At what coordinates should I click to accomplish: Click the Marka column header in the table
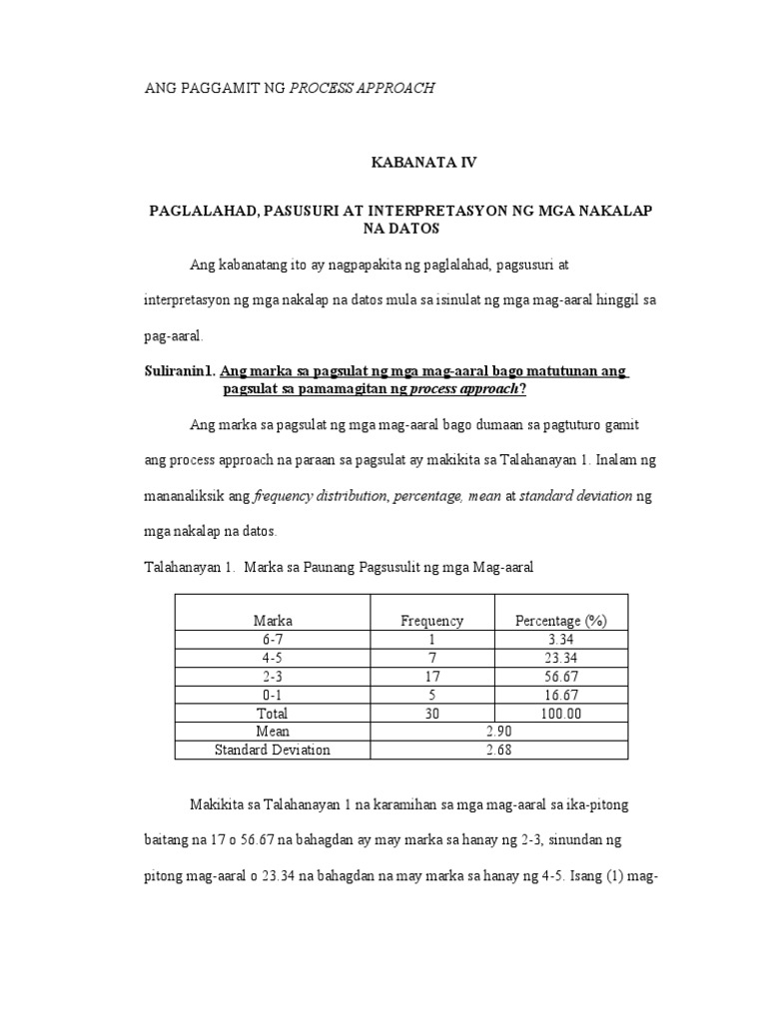click(273, 621)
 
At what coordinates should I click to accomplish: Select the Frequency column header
click(431, 621)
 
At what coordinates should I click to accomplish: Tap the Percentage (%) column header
click(560, 621)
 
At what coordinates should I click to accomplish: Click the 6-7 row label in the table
click(273, 639)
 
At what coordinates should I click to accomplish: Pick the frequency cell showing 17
click(431, 677)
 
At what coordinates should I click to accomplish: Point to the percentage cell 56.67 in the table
click(560, 677)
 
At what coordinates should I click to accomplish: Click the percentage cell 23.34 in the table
click(560, 658)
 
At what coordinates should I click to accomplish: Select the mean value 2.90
click(495, 732)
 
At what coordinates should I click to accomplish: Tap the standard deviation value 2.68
click(495, 751)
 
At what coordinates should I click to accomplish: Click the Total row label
click(273, 714)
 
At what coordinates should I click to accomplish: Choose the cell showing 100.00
click(560, 714)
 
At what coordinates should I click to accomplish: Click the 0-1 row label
click(273, 695)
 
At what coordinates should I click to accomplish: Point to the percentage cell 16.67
click(560, 695)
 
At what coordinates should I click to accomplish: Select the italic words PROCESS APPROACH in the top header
click(362, 88)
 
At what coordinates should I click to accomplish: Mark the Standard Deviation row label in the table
click(273, 751)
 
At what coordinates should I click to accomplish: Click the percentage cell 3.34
click(560, 639)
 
